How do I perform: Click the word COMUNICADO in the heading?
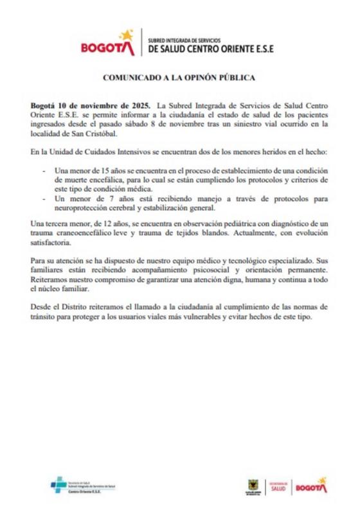tap(130, 78)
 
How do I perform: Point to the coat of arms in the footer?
tap(252, 486)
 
